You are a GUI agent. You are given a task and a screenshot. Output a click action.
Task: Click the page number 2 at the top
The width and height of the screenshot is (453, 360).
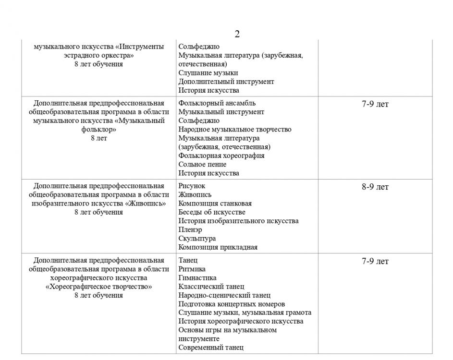pos(237,34)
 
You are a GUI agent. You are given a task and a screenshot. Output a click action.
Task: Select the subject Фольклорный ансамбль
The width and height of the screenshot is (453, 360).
pos(217,103)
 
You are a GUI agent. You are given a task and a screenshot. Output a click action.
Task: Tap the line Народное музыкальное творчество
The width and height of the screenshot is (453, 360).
pos(234,130)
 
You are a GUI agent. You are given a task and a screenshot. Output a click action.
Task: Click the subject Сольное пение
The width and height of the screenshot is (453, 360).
pos(202,165)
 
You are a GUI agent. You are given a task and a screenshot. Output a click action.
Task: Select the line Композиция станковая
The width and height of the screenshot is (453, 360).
pos(215,204)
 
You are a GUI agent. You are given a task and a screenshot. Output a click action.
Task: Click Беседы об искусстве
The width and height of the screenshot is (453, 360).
pos(211,212)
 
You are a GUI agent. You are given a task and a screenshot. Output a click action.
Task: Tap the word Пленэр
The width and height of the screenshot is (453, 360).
pos(190,230)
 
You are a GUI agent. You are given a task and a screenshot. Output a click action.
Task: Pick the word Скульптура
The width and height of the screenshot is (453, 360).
pos(197,239)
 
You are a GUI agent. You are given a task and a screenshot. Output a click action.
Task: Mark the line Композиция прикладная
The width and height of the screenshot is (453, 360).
pos(218,247)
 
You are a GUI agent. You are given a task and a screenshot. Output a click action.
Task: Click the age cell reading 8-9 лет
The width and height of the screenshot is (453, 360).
pos(375,187)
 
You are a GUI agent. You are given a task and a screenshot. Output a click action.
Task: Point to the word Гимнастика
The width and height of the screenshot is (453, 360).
pos(197,278)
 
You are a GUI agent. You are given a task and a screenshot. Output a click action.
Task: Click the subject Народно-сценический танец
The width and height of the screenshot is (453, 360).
pos(224,295)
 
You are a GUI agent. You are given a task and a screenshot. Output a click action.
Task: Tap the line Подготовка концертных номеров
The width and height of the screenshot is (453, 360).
pos(232,304)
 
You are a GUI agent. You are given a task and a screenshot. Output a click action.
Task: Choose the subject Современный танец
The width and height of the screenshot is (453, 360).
pos(211,348)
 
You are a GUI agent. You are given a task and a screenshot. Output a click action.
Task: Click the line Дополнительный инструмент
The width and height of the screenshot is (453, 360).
pos(226,82)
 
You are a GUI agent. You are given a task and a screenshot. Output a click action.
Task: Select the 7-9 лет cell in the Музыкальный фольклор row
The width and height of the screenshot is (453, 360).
pos(375,104)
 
